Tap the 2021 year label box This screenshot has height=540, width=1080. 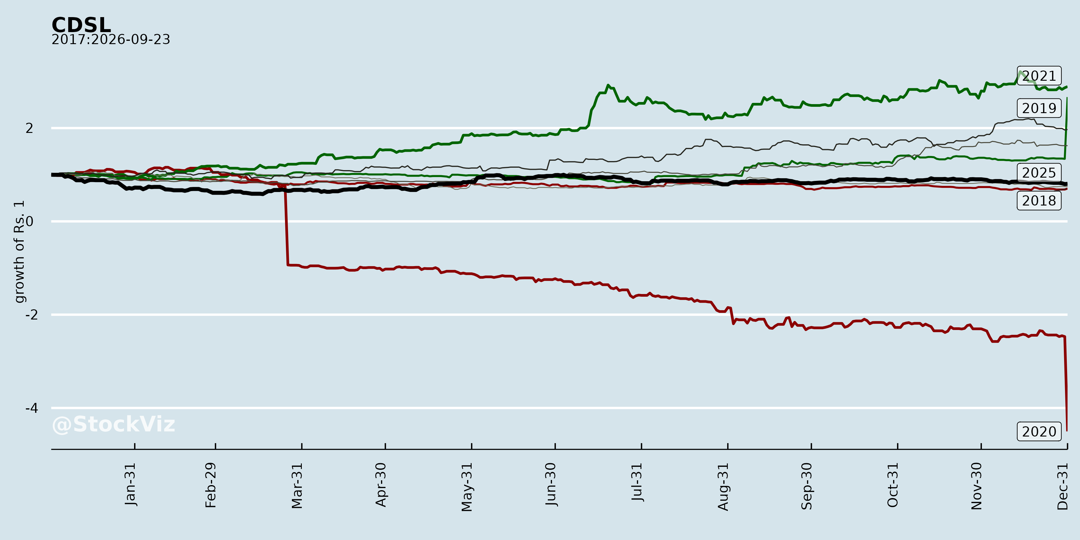click(x=1039, y=76)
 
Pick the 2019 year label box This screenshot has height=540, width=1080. click(x=1039, y=108)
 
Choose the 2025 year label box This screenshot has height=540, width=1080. click(x=1039, y=173)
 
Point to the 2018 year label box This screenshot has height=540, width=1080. click(x=1039, y=201)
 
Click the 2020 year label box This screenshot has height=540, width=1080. click(x=1039, y=431)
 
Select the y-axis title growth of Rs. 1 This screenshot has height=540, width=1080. click(x=19, y=252)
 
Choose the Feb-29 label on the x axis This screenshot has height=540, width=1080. click(x=211, y=485)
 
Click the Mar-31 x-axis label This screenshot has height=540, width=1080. click(x=297, y=485)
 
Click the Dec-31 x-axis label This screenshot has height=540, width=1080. click(x=1062, y=486)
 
